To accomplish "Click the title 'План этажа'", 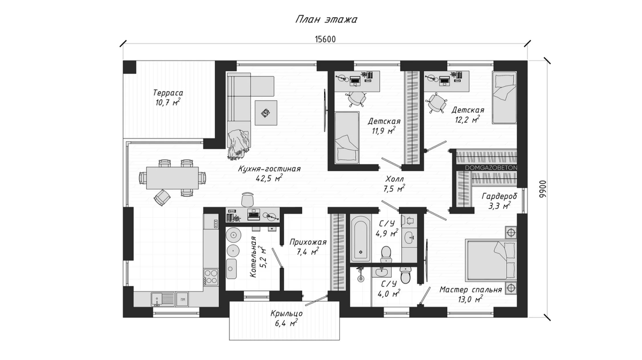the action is point(326,19).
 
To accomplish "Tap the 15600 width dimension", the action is point(325,39).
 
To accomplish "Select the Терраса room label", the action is point(168,93).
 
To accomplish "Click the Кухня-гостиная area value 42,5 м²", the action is point(269,178).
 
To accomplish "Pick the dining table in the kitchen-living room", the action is point(172,178).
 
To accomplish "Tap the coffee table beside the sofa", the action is point(266,113).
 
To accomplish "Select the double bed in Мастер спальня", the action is point(491,259).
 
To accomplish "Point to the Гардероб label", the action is point(499,196).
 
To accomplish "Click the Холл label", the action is point(394,179).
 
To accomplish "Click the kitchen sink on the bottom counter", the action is point(163,299).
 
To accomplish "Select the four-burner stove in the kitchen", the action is point(211,277).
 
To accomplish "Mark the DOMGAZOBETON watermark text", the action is point(491,167).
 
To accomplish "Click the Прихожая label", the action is point(308,242).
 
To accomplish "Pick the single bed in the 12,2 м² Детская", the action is point(505,97).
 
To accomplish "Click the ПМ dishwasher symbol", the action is point(182,299).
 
